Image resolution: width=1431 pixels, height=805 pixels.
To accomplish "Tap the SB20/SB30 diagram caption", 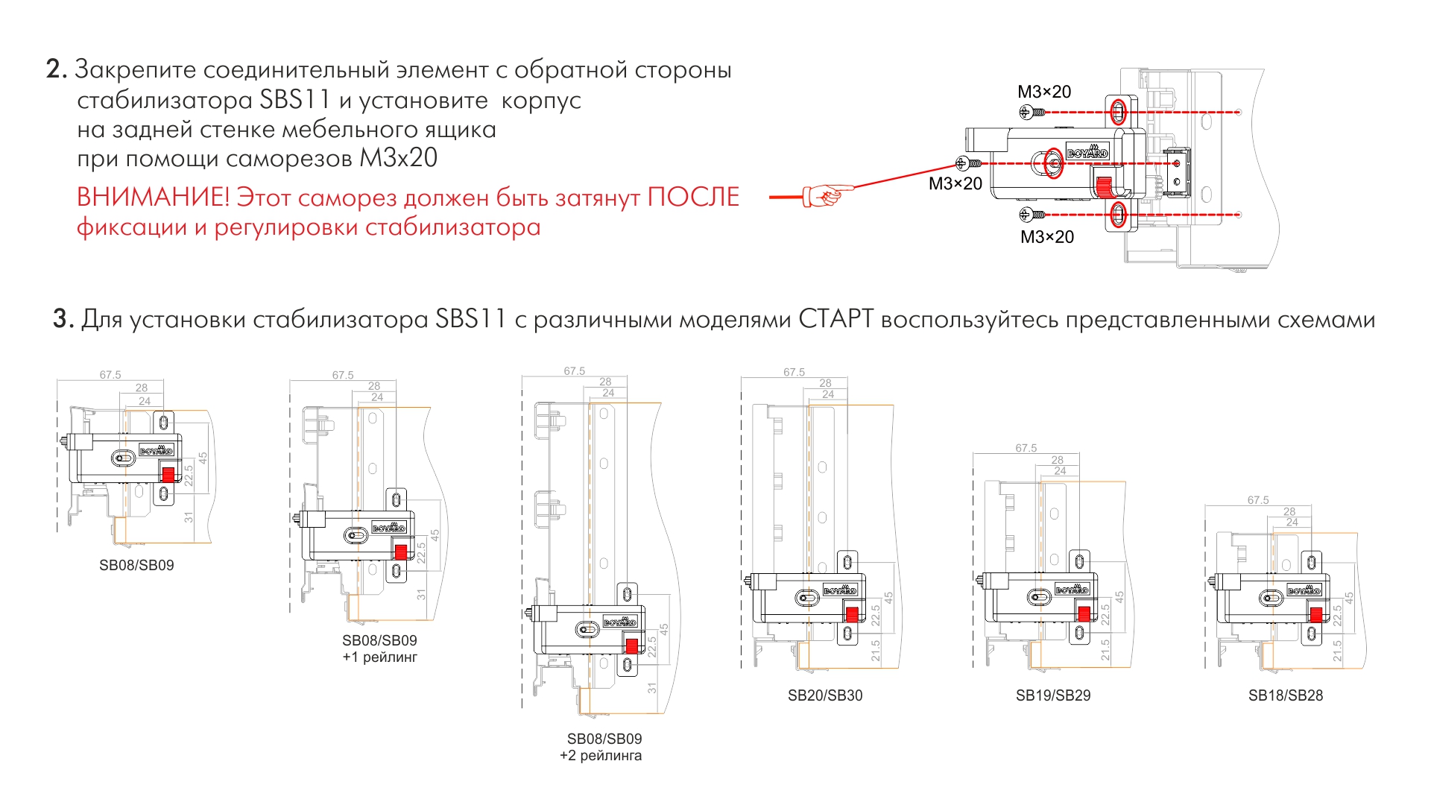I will pyautogui.click(x=825, y=695).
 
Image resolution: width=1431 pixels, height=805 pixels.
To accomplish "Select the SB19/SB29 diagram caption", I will pyautogui.click(x=1053, y=695).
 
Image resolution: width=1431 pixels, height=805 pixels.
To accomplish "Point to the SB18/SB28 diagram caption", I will pyautogui.click(x=1286, y=695).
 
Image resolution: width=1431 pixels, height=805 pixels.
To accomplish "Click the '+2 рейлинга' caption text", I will pyautogui.click(x=601, y=756).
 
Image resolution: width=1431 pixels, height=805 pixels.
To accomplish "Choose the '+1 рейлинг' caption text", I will pyautogui.click(x=380, y=657).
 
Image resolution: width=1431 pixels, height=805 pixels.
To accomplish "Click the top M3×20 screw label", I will pyautogui.click(x=1044, y=92).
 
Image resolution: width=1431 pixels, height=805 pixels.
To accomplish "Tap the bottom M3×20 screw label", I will pyautogui.click(x=1047, y=237).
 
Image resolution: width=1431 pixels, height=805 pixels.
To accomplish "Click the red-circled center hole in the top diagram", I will pyautogui.click(x=1052, y=162).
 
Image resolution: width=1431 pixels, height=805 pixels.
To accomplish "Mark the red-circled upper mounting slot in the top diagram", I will pyautogui.click(x=1118, y=113).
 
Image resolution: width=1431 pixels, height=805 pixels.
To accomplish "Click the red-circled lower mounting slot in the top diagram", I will pyautogui.click(x=1118, y=215).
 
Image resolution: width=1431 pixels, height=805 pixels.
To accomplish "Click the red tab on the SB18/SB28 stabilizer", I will pyautogui.click(x=1316, y=615).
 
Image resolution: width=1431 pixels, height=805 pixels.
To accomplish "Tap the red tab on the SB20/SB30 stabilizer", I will pyautogui.click(x=851, y=615).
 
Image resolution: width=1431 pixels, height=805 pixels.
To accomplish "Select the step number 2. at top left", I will pyautogui.click(x=56, y=69).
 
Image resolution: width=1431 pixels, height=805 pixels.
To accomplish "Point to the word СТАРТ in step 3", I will pyautogui.click(x=835, y=319).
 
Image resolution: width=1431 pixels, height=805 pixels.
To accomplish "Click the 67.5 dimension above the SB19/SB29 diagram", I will pyautogui.click(x=1026, y=448).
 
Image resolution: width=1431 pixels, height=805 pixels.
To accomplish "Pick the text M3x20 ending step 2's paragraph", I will pyautogui.click(x=399, y=158).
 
